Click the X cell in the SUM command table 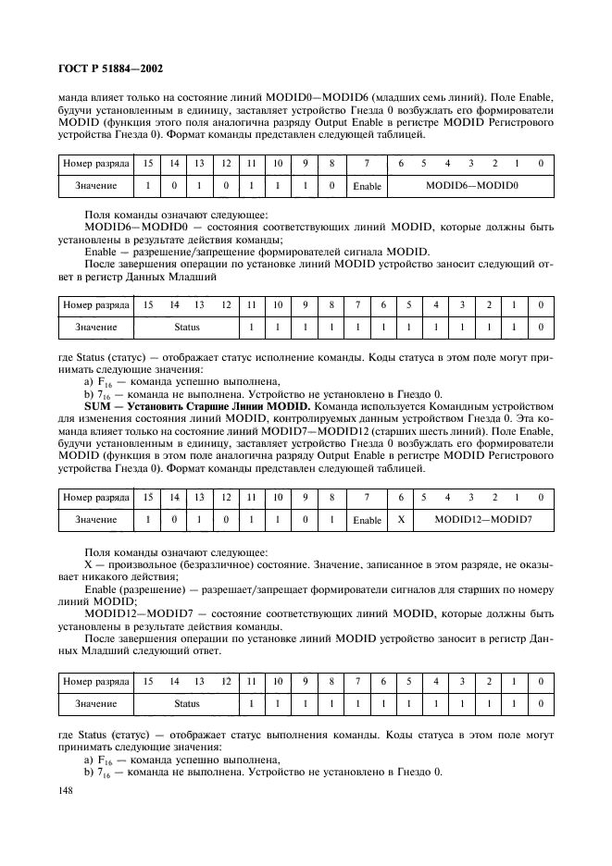pyautogui.click(x=401, y=519)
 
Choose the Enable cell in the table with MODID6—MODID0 pyautogui.click(x=368, y=186)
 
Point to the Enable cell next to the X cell pyautogui.click(x=368, y=519)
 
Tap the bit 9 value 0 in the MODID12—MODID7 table pyautogui.click(x=305, y=519)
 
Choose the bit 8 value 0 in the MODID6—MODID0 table pyautogui.click(x=331, y=186)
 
